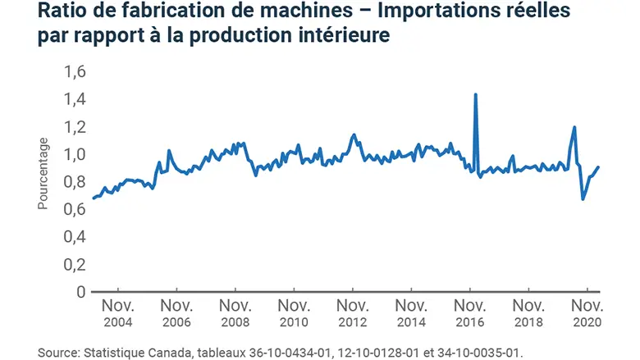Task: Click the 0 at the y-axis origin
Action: (x=80, y=292)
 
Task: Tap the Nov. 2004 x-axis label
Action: (x=118, y=313)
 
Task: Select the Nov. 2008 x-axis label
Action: (x=235, y=313)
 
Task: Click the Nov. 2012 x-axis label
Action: (x=352, y=313)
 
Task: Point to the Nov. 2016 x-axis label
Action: (x=469, y=313)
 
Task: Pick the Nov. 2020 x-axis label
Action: (x=586, y=313)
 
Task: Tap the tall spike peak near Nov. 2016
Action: (x=476, y=94)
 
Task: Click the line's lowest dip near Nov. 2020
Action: (x=583, y=199)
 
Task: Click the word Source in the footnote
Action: (x=58, y=352)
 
